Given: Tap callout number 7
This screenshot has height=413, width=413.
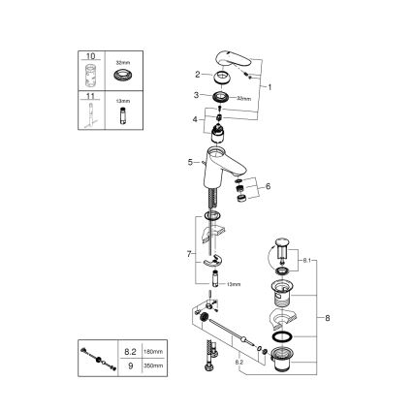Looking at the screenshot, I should coord(189,253).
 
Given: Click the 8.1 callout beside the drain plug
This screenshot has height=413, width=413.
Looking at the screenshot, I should coord(309,261).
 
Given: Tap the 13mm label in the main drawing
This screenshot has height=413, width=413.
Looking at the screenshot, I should coord(233,285).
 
